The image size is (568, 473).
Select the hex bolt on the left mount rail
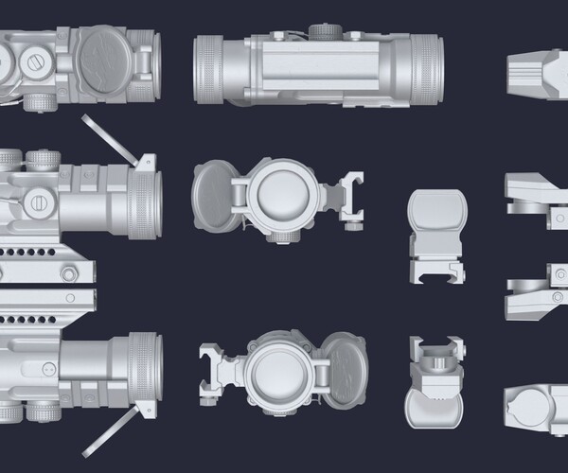click(69, 273)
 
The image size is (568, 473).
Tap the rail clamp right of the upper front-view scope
click(354, 200)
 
